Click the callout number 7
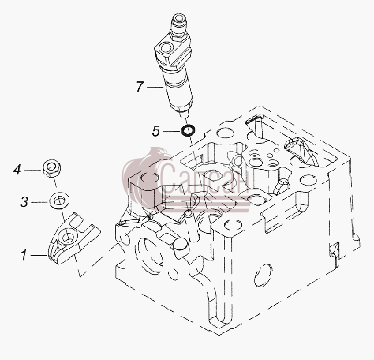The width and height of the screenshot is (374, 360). [x=140, y=86]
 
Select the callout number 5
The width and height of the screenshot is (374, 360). [x=156, y=131]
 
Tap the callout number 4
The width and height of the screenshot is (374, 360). [x=17, y=170]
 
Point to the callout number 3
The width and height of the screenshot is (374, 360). [x=24, y=202]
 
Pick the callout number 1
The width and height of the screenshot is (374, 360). [x=24, y=255]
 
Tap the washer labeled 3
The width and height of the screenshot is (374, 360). [x=59, y=201]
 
